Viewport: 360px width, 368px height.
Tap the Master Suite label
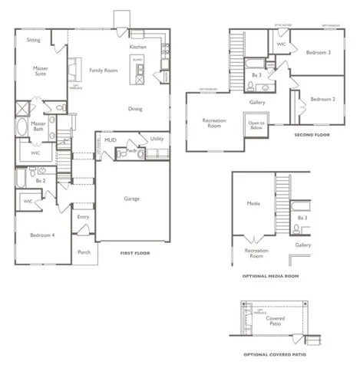pos(40,71)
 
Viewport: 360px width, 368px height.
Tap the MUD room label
pos(111,140)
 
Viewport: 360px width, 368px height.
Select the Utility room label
pos(156,139)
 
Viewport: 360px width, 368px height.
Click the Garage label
pos(133,198)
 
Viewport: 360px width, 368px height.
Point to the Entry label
pos(84,217)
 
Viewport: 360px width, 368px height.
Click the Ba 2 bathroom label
pos(41,181)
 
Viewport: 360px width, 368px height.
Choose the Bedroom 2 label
pos(322,100)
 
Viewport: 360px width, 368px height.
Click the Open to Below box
pos(256,126)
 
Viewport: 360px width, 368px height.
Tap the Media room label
pos(253,204)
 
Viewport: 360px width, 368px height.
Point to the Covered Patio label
pos(275,322)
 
